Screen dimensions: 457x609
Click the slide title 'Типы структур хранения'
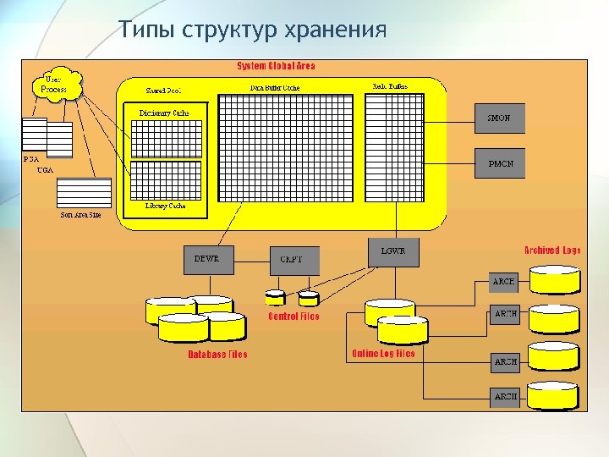click(x=252, y=30)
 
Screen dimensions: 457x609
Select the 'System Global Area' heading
click(x=276, y=66)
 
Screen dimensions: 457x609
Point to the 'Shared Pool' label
click(x=163, y=89)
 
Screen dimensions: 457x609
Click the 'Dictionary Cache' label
click(x=164, y=113)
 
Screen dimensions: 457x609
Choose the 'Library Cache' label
click(x=166, y=206)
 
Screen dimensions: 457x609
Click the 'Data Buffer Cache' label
click(x=275, y=87)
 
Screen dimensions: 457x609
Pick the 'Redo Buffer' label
click(x=390, y=86)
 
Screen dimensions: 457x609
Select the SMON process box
click(x=499, y=118)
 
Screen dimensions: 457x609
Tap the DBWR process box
click(x=206, y=259)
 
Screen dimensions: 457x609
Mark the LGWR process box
click(x=393, y=251)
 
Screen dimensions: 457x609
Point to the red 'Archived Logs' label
click(x=552, y=251)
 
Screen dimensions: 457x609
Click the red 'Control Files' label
click(x=294, y=317)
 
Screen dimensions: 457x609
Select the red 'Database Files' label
click(x=217, y=355)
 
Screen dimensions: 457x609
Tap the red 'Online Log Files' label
click(x=382, y=354)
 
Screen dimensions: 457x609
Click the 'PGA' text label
click(x=31, y=158)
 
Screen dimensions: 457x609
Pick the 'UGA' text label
click(x=46, y=170)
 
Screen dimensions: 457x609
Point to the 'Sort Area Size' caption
click(x=80, y=215)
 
